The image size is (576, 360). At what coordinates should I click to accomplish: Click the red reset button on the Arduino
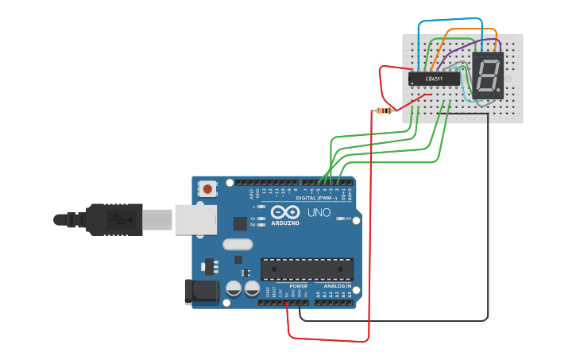[207, 189]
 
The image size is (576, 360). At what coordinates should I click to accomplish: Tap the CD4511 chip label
[434, 79]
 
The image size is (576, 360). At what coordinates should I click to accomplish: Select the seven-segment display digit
[487, 75]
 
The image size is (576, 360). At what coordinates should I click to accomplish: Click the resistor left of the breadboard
[385, 110]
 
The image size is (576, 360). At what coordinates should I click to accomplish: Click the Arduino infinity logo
[284, 212]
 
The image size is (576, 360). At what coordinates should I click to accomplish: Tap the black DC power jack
[201, 291]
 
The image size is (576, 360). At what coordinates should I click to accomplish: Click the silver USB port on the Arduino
[195, 219]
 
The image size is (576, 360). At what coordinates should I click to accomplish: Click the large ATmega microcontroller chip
[306, 269]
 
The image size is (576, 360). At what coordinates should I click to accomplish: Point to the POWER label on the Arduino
[298, 286]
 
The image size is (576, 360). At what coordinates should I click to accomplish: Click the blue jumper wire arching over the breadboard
[450, 19]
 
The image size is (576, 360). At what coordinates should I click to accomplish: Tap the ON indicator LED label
[348, 219]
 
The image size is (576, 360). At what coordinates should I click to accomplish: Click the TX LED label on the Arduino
[253, 218]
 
